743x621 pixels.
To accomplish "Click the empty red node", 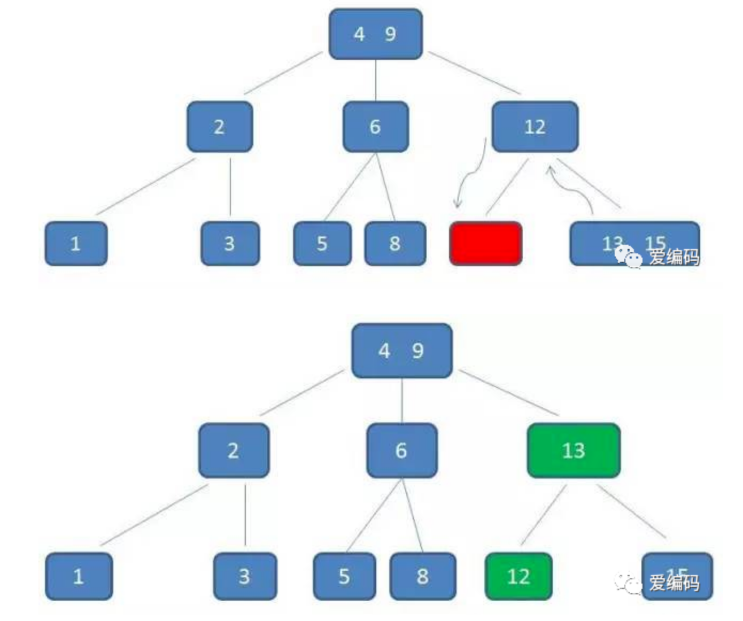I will [x=485, y=244].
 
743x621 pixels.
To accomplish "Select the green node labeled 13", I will [x=574, y=451].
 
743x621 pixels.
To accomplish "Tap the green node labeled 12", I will [x=518, y=576].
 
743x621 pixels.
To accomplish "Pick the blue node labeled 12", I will [x=535, y=127].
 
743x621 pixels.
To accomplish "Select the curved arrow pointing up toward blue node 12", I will [x=572, y=187].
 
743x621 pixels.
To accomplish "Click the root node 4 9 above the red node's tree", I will [x=375, y=34].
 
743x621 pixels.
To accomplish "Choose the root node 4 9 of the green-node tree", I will [x=402, y=351].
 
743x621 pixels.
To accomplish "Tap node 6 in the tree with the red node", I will [x=375, y=127].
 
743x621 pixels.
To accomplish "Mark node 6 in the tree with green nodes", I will [x=401, y=451].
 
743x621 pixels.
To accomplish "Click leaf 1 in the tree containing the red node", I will [x=75, y=244].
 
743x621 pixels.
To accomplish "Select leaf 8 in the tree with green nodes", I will [x=422, y=576].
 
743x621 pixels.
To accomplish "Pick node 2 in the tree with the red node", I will [x=219, y=127].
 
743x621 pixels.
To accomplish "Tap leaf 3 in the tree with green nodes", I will [x=244, y=576].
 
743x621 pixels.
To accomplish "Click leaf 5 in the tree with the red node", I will [x=322, y=244].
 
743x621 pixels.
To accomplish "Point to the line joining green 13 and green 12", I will [x=543, y=515].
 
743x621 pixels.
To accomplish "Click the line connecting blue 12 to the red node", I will [x=507, y=187].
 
